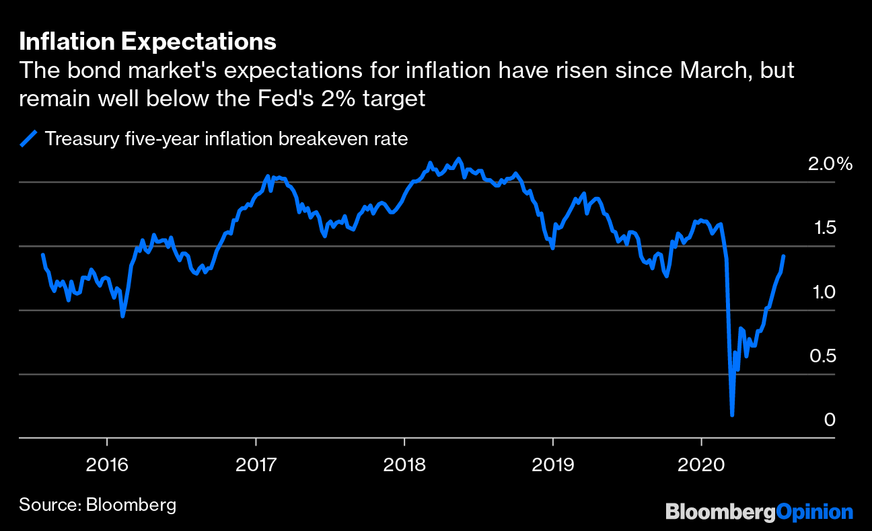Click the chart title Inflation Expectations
pos(147,42)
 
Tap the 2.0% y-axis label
pos(830,164)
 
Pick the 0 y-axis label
pos(830,420)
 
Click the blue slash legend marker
pos(28,139)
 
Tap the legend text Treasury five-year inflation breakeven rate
pos(226,139)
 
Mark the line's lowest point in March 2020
pos(732,415)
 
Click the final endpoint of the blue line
pos(784,256)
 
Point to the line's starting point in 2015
pos(42,255)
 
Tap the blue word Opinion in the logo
pos(814,512)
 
